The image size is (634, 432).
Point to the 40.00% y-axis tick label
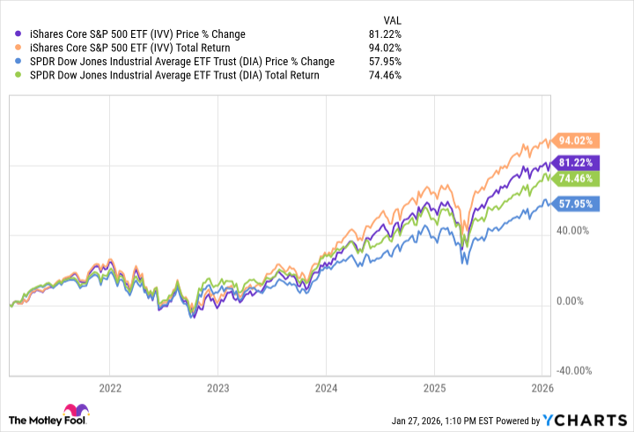574,230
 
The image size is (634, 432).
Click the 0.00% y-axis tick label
577,301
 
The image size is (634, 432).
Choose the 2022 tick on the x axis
110,387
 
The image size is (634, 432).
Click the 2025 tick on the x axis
434,387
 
